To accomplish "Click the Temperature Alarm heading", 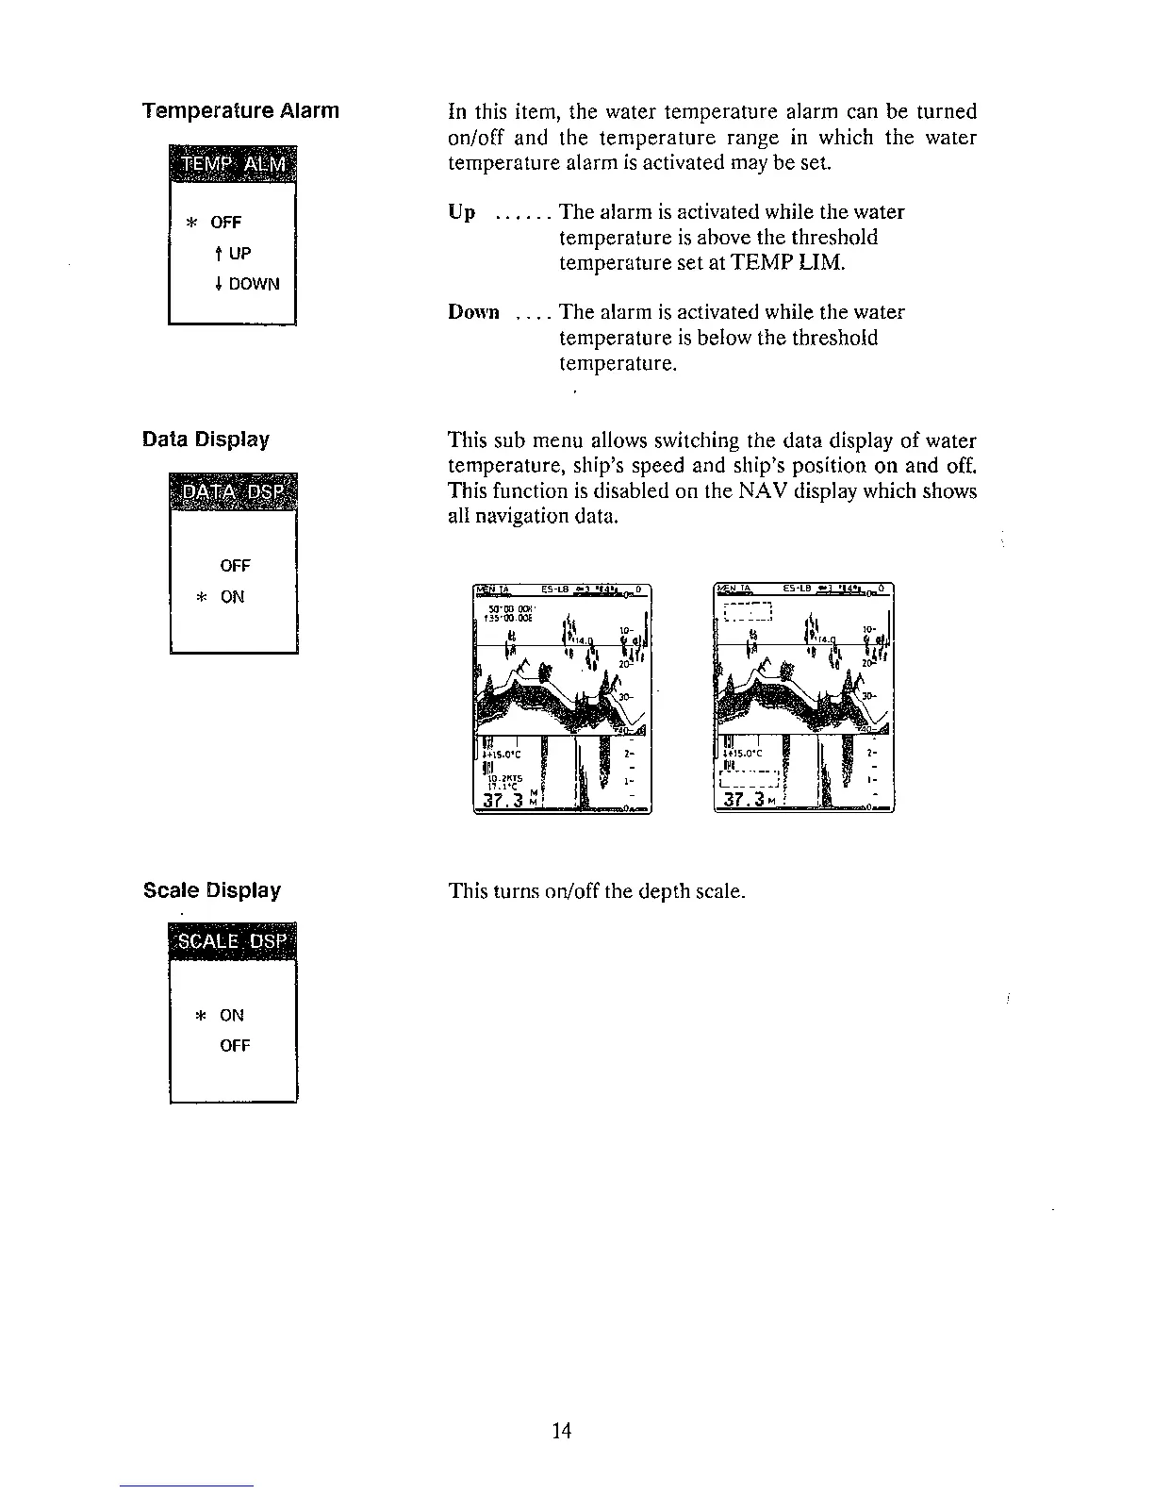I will [x=239, y=111].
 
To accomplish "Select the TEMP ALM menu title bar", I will [x=232, y=166].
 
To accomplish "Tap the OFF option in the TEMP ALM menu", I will [x=226, y=223].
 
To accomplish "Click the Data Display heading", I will [x=206, y=440].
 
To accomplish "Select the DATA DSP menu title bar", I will [x=233, y=492].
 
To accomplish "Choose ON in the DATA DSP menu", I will [x=232, y=597].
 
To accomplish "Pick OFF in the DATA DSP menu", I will [x=235, y=566].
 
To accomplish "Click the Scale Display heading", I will [x=211, y=890].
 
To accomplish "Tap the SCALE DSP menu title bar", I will [x=233, y=940].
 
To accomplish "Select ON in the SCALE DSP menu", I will [x=232, y=1015].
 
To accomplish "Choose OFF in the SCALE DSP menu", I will [x=235, y=1046].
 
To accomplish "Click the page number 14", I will [x=562, y=1432].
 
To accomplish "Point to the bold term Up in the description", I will [x=462, y=212].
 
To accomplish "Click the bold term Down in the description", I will [x=473, y=312].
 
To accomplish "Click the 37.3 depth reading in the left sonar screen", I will [x=502, y=801].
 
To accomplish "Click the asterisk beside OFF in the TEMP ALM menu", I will [x=191, y=224].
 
